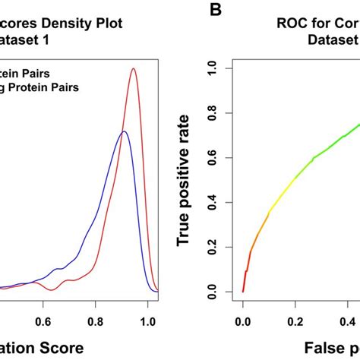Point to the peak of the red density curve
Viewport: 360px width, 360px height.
coord(134,69)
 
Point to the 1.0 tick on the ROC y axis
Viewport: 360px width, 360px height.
coord(217,68)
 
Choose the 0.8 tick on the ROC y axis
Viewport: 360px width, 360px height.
coord(217,113)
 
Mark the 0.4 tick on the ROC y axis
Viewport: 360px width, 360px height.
coord(217,203)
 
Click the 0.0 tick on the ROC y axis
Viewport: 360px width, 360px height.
coord(217,292)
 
